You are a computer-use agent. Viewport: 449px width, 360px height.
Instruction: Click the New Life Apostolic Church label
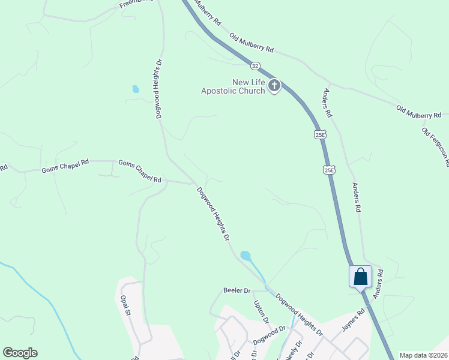coord(232,86)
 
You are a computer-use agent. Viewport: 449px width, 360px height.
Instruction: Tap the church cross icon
coord(274,86)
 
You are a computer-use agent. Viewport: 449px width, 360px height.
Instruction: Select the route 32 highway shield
coord(256,64)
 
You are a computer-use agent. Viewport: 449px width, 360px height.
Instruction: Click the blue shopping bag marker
coord(360,277)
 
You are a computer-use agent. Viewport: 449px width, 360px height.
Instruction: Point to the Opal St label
coord(125,305)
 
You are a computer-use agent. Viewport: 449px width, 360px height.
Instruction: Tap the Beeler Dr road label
coord(237,290)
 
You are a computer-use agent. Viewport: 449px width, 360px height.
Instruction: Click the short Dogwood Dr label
coord(269,331)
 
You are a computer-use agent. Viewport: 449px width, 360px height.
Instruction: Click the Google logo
coord(20,353)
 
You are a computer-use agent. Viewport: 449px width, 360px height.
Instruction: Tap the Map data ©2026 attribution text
coord(423,355)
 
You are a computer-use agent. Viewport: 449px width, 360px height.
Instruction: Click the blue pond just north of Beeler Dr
coord(246,256)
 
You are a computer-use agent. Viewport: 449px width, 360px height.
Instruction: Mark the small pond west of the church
coord(136,89)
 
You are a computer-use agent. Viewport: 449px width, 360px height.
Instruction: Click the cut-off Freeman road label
coord(136,4)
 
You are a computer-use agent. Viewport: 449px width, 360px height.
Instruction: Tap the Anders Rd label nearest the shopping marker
coord(378,283)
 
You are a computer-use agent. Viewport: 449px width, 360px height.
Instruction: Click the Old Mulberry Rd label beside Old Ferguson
coord(418,112)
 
